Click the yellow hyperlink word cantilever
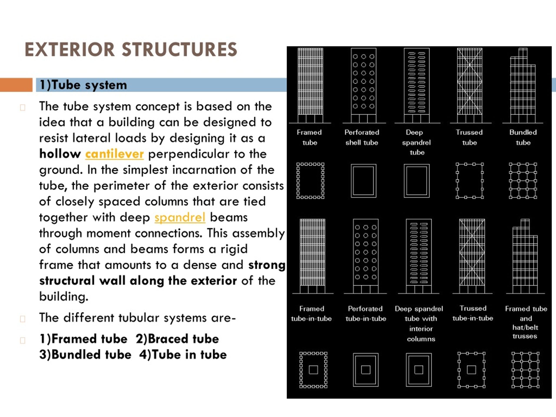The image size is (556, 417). pyautogui.click(x=114, y=154)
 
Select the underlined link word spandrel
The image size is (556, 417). pyautogui.click(x=180, y=217)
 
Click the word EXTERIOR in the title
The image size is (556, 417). pyautogui.click(x=70, y=49)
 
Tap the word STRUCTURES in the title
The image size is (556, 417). pyautogui.click(x=179, y=49)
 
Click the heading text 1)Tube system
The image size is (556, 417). pyautogui.click(x=83, y=85)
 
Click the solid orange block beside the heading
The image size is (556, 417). pyautogui.click(x=16, y=85)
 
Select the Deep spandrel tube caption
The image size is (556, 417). pyautogui.click(x=417, y=142)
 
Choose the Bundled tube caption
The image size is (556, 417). pyautogui.click(x=523, y=137)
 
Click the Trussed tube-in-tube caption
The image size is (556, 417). pyautogui.click(x=473, y=313)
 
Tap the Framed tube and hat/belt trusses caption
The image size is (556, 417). pyautogui.click(x=526, y=322)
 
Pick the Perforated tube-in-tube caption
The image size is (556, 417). pyautogui.click(x=366, y=313)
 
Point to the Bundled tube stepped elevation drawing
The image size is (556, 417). pyautogui.click(x=523, y=85)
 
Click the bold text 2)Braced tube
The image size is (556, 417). pyautogui.click(x=177, y=339)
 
